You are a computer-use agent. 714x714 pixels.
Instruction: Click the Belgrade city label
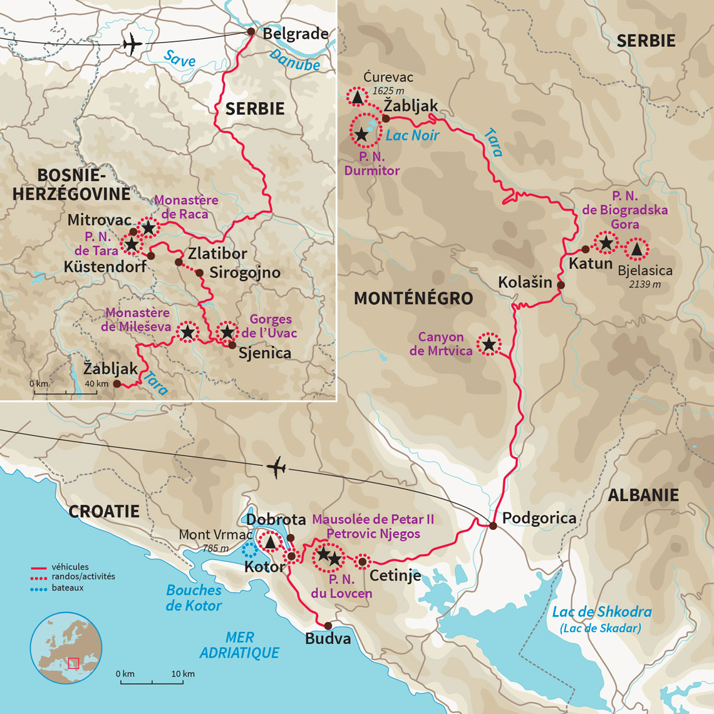[295, 33]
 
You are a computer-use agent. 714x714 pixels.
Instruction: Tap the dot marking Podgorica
[493, 525]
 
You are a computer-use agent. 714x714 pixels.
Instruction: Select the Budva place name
[328, 639]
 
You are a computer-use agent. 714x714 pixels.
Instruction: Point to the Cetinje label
[395, 575]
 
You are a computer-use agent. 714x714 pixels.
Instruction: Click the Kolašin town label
[525, 282]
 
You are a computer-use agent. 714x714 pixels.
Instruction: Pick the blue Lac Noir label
[412, 135]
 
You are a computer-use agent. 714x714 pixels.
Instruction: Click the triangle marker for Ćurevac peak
[358, 97]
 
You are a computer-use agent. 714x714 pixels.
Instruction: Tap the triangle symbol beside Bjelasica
[636, 250]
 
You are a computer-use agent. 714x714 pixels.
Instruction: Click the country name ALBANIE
[643, 495]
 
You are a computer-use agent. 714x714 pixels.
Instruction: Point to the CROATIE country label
[103, 511]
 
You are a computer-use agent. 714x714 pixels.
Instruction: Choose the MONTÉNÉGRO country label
[413, 298]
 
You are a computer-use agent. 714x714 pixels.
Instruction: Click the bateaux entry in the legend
[68, 588]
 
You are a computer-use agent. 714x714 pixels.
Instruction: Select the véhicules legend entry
[70, 567]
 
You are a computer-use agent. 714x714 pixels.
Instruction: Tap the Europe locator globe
[66, 648]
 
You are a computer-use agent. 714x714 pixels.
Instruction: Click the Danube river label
[294, 59]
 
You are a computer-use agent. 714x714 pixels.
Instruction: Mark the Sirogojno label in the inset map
[244, 273]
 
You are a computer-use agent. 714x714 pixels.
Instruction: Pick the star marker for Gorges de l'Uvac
[227, 332]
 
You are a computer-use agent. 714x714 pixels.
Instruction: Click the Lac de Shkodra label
[601, 612]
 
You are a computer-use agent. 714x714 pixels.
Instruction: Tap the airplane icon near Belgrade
[132, 44]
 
